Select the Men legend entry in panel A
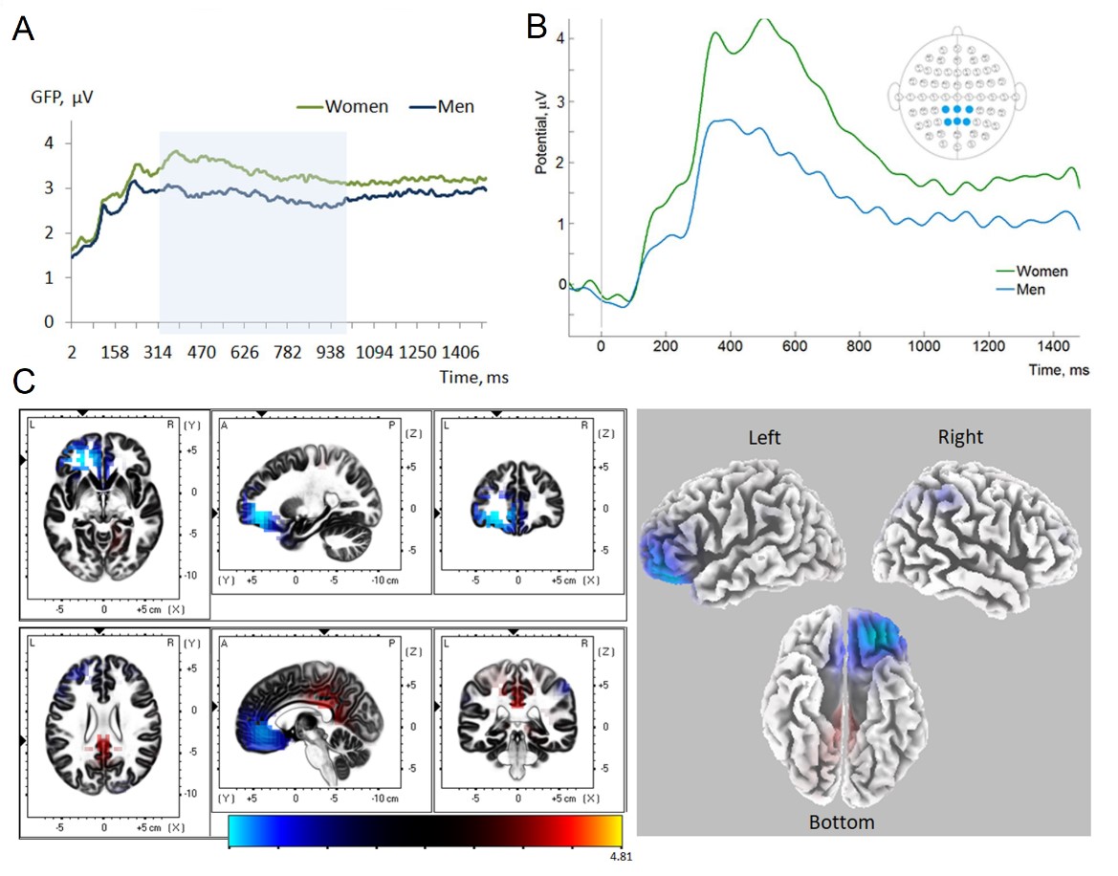coord(455,106)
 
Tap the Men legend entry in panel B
coord(1034,288)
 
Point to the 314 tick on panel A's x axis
coord(159,352)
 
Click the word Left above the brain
coord(765,437)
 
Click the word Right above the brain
coord(960,437)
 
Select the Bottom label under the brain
coord(842,821)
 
